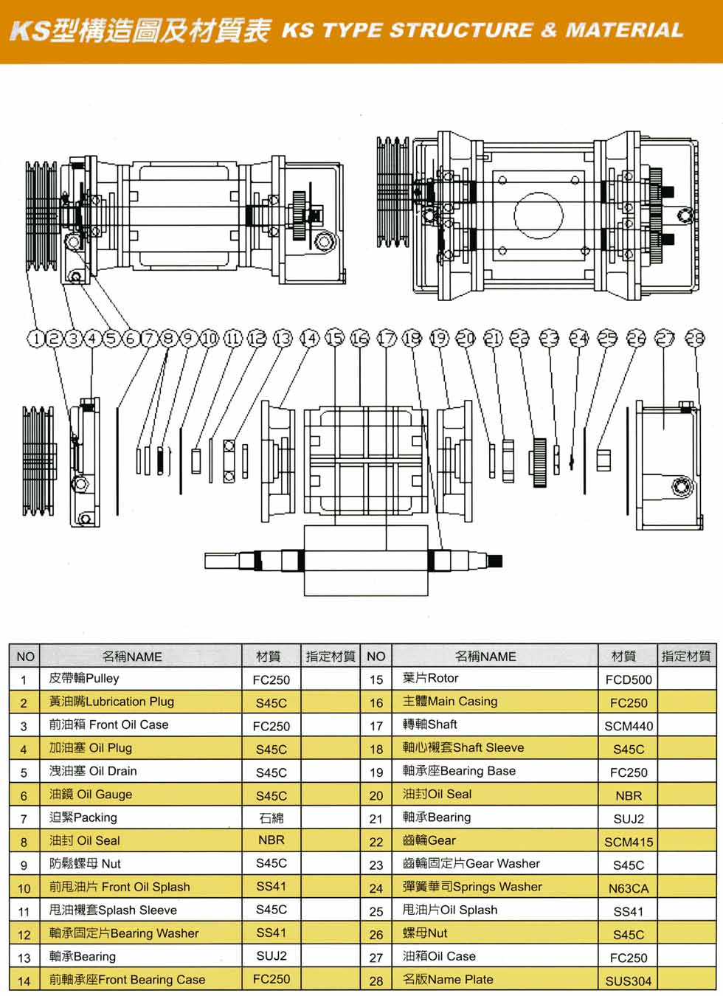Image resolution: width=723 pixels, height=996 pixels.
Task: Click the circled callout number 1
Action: click(35, 339)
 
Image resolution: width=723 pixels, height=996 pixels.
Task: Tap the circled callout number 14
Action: click(309, 339)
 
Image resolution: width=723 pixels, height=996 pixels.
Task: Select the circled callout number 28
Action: click(695, 338)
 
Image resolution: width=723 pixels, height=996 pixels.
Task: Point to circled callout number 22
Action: click(520, 339)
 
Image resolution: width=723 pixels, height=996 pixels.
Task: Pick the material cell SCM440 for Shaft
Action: click(629, 726)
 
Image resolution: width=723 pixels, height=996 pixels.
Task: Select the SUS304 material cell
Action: click(629, 981)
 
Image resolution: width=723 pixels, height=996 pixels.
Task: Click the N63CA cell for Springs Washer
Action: click(629, 888)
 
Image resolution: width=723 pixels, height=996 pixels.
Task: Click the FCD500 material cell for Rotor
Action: click(629, 679)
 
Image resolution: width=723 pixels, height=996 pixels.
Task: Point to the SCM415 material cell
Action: click(629, 842)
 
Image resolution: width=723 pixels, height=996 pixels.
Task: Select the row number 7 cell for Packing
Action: click(24, 818)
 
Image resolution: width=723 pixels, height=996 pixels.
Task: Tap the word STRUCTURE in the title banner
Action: click(460, 30)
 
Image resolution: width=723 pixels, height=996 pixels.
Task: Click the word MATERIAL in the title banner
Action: click(624, 30)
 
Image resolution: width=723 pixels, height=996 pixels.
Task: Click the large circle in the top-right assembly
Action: click(539, 215)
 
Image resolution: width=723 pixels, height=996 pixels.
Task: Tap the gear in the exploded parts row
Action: click(539, 462)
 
